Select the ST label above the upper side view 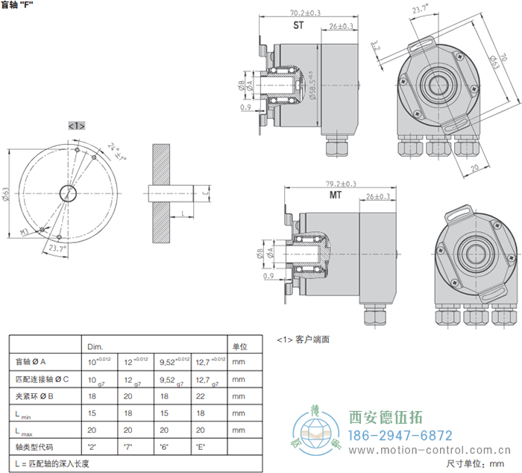pos(298,25)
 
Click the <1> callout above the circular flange pos(76,125)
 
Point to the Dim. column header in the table pos(95,347)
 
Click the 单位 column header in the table pos(239,347)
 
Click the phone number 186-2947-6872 pos(401,435)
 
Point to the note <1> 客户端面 pos(304,339)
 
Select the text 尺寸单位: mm pos(476,464)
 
